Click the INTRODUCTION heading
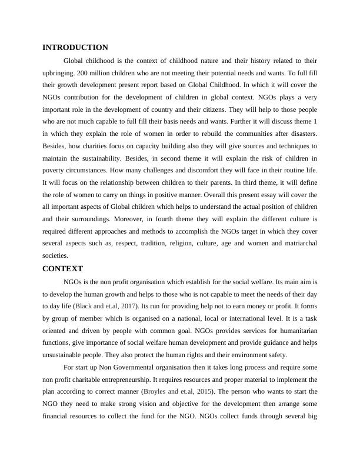[x=75, y=47]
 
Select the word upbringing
[x=60, y=73]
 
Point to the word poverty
[x=56, y=170]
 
